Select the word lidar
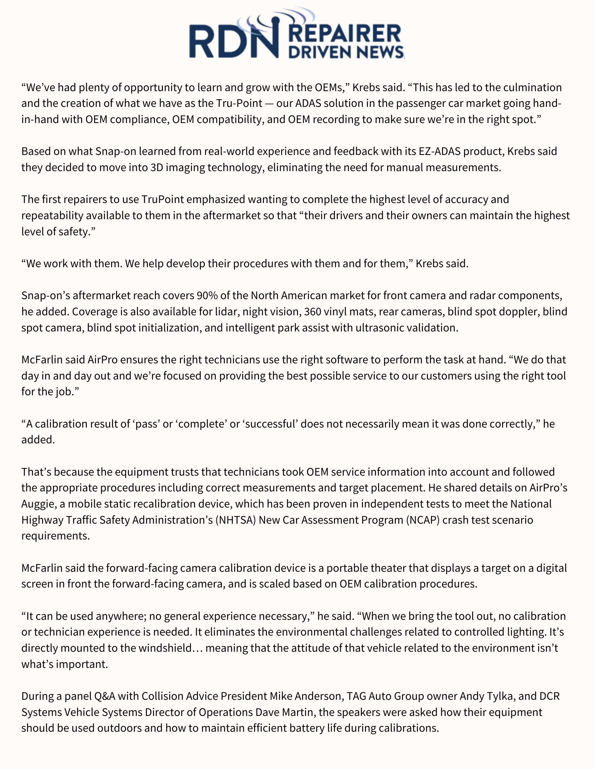point(225,311)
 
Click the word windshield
point(161,648)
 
